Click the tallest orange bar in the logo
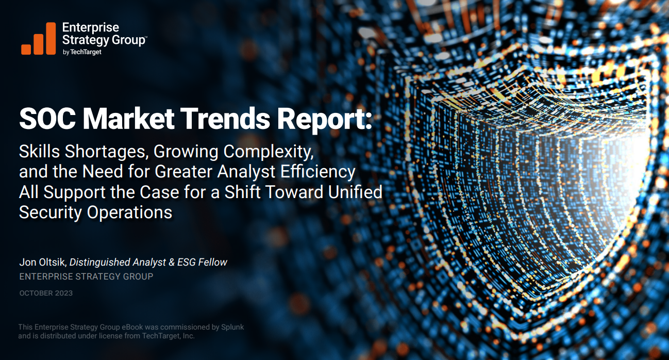click(51, 38)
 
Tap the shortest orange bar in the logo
click(26, 49)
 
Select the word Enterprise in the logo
click(90, 27)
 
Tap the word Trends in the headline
click(226, 119)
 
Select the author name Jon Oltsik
click(42, 262)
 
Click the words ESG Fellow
click(202, 262)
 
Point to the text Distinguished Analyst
click(118, 262)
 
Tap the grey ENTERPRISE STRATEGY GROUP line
click(86, 276)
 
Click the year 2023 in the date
click(63, 293)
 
